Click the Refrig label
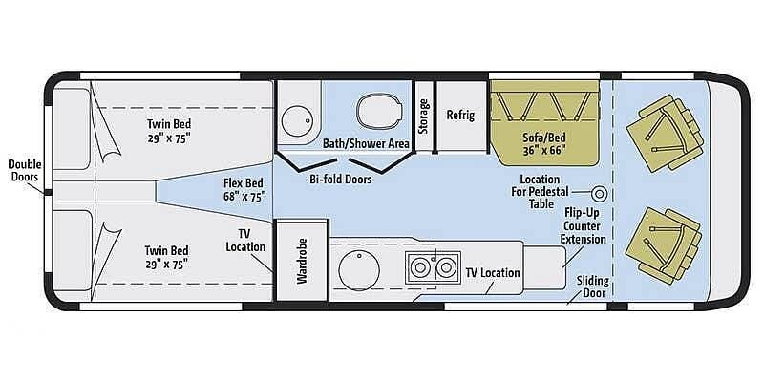(x=460, y=115)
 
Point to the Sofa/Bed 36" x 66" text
(x=545, y=144)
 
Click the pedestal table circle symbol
(x=601, y=191)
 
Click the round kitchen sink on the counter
(x=358, y=268)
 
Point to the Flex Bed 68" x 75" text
(x=243, y=188)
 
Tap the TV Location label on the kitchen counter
(x=493, y=272)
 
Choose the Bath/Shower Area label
(x=366, y=143)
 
